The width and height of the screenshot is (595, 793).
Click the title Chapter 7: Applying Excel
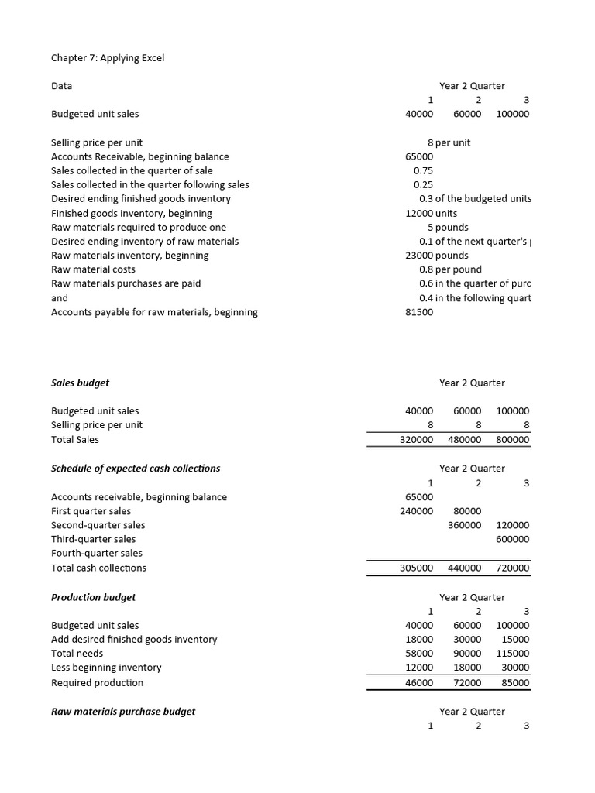coord(108,58)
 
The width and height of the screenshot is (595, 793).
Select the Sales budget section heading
coord(80,383)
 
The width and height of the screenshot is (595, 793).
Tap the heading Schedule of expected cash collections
coord(136,469)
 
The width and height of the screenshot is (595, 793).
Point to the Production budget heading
coord(93,597)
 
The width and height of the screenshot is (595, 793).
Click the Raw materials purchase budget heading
coord(123,711)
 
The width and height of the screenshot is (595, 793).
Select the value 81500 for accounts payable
coord(419,312)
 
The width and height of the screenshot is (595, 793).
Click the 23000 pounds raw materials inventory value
coord(437,256)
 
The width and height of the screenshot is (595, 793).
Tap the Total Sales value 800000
coord(513,440)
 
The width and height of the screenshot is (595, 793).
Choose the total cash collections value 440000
coord(465,568)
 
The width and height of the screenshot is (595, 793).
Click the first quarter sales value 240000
coord(416,511)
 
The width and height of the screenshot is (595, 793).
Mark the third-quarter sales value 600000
coord(513,539)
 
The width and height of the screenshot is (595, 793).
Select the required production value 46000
coord(419,683)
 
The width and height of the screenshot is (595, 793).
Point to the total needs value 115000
coord(513,654)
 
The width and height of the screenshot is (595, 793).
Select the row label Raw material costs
coord(93,269)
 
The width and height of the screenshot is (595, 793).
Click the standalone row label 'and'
coord(60,298)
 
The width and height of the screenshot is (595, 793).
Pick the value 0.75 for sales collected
coord(423,170)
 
